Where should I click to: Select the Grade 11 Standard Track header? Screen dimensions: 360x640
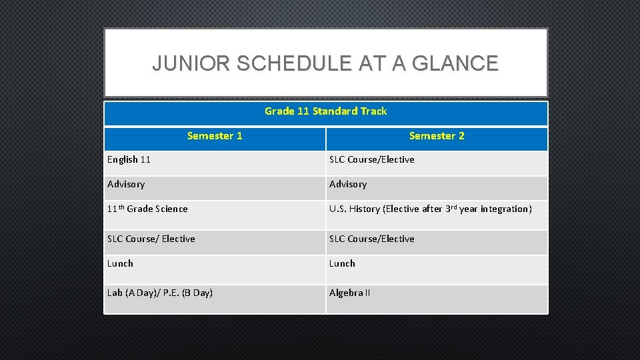coord(325,111)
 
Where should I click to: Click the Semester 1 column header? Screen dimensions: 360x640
coord(215,136)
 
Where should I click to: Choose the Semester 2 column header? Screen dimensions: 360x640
coord(437,136)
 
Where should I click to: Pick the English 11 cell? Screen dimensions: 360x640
coord(129,160)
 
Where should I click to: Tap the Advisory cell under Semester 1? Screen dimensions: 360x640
coord(126,185)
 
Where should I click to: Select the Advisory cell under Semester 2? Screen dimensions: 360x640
coord(348,185)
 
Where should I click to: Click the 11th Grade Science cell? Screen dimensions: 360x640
coord(147,209)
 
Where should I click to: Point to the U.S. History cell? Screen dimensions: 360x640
coord(430,209)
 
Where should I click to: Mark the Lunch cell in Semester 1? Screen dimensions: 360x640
coord(121,264)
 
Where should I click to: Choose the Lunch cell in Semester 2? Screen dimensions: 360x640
coord(343,264)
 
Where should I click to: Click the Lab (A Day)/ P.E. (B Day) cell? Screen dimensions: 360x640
coord(160,293)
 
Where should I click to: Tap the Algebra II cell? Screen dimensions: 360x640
coord(350,293)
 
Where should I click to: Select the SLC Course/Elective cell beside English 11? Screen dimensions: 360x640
coord(372,160)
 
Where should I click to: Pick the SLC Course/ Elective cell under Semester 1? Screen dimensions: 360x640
coord(151,239)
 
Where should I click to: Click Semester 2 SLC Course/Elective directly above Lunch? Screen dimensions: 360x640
coord(372,239)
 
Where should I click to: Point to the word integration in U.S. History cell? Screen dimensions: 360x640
coord(506,209)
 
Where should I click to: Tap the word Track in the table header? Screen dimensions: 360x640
coord(374,111)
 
